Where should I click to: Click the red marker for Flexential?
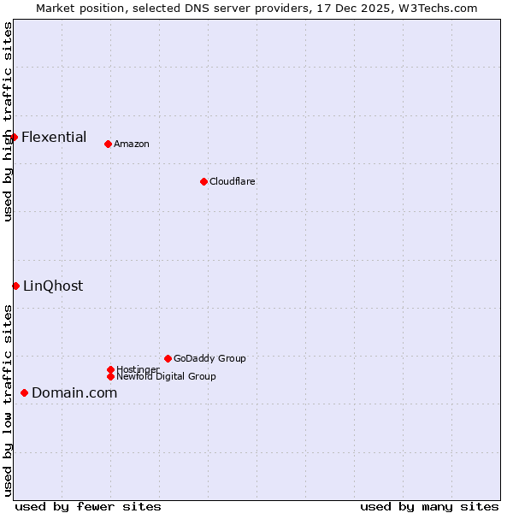pos(14,137)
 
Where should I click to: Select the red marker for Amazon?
pos(108,144)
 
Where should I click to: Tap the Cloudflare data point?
pos(203,181)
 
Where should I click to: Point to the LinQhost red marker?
pos(15,286)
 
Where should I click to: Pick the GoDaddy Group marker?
pos(168,358)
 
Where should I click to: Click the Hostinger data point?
pos(110,369)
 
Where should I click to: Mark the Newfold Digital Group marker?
pos(110,376)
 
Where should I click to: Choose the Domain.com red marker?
pos(24,392)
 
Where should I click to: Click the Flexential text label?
pos(54,137)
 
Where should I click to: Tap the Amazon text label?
pos(132,144)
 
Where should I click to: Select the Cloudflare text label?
pos(233,181)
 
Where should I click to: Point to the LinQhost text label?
pos(53,286)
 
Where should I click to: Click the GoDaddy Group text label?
pos(209,358)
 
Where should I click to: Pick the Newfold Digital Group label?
pos(166,376)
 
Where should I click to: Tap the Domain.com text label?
pos(74,392)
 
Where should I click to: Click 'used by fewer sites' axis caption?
pos(88,506)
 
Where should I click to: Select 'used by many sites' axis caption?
pos(429,506)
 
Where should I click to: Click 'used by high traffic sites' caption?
pos(8,121)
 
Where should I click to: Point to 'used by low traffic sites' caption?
pos(8,400)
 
